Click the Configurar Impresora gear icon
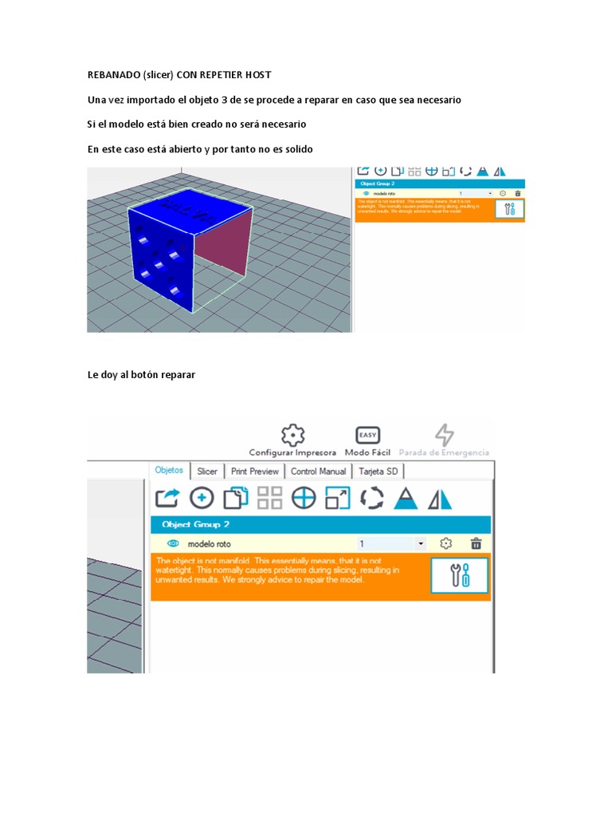tap(293, 436)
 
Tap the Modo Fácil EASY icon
tap(367, 436)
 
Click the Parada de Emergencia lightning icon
tap(444, 436)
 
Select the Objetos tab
tap(169, 471)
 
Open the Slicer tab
tap(207, 472)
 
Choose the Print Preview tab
tap(254, 472)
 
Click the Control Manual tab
tap(318, 472)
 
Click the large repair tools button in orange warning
tap(460, 575)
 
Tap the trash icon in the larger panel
tap(476, 543)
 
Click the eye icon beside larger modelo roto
tap(172, 543)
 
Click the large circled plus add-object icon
tap(202, 498)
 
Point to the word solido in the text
tap(295, 149)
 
